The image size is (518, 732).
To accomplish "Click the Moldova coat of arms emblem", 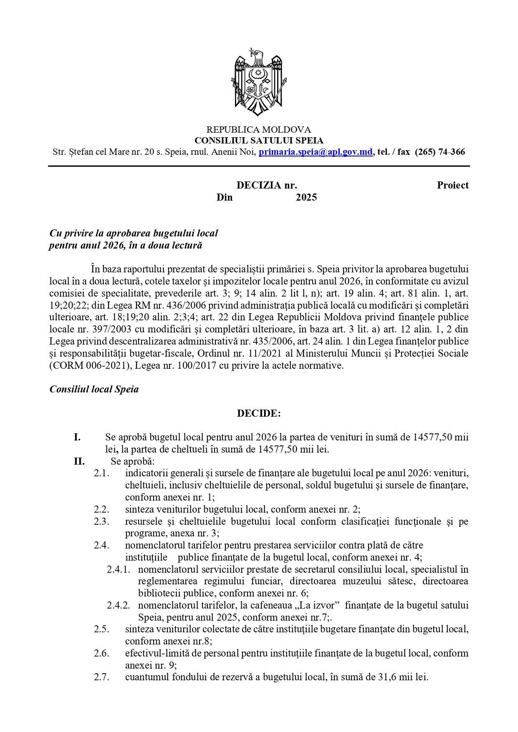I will (x=259, y=82).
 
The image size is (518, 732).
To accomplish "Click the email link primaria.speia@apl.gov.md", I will (x=316, y=152).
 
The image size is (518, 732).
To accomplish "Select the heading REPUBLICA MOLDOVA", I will (x=259, y=130).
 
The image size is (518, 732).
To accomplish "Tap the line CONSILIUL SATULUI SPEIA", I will (x=259, y=141).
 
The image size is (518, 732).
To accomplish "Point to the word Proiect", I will (x=452, y=185).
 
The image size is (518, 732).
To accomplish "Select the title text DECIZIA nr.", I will (x=267, y=185).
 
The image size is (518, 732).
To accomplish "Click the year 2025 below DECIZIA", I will (x=306, y=197).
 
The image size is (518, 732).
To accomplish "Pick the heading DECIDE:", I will (x=259, y=413).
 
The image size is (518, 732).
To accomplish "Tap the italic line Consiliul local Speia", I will (x=94, y=389).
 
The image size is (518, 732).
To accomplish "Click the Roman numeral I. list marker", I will (x=77, y=437).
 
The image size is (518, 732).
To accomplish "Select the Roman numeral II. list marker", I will (x=79, y=461).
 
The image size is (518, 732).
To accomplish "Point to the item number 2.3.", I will (x=101, y=521).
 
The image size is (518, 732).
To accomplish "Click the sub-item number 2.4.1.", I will (x=119, y=569).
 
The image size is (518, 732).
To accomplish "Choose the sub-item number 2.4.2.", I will (x=119, y=605).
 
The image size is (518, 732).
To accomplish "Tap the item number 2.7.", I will (x=101, y=677).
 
